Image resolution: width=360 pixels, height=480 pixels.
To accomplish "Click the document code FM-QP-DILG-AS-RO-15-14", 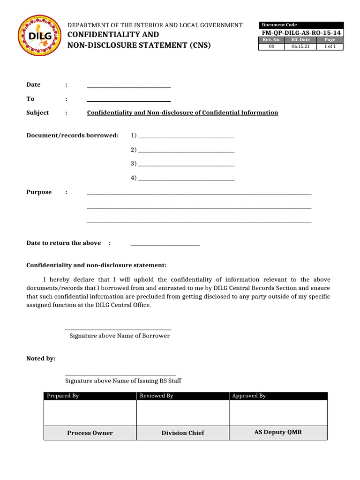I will (301, 32).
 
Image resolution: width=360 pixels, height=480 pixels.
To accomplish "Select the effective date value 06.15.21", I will (300, 46).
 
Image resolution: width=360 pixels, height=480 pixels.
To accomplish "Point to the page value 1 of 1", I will (330, 46).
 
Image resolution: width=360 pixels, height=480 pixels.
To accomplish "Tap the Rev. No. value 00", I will (271, 46).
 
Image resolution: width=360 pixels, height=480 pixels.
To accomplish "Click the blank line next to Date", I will (129, 86).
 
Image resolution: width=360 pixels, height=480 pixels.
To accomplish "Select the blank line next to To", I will (129, 100).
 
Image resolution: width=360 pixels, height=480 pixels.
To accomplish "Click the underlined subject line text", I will (182, 113).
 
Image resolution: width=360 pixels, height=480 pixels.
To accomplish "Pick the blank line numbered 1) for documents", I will (186, 136).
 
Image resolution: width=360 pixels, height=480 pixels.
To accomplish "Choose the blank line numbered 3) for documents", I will (186, 165).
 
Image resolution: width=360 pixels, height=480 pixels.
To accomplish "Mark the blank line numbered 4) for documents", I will (186, 179).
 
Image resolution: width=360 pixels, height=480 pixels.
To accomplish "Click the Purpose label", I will (39, 192).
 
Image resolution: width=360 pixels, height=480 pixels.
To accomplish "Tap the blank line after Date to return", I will (165, 244).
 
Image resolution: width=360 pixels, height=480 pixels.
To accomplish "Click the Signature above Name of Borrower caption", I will (120, 336).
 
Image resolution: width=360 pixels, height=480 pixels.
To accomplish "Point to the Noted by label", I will (41, 359).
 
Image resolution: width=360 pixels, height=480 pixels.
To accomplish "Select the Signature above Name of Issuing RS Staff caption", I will (123, 381).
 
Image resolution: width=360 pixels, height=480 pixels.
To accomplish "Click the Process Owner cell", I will (90, 433).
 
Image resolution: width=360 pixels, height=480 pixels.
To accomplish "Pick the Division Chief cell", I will (183, 433).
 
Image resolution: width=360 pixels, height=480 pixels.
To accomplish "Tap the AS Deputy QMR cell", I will (278, 432).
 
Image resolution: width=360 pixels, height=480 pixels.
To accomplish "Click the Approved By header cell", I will (278, 396).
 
